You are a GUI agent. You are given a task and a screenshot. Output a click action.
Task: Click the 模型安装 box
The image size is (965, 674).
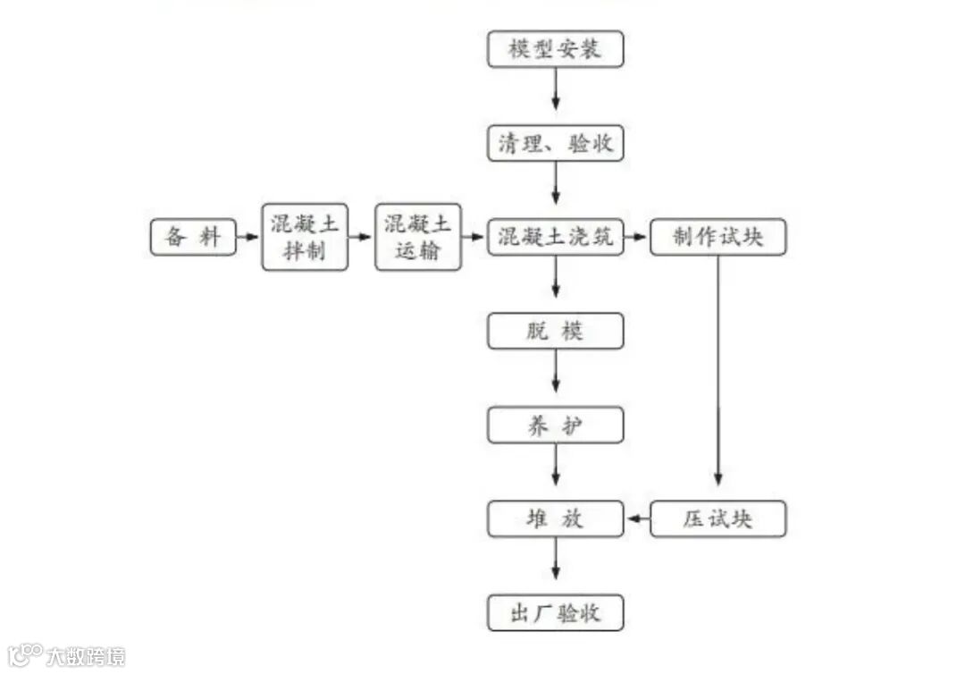coord(555,49)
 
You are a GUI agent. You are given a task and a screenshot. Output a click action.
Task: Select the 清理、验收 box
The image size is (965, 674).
coord(555,143)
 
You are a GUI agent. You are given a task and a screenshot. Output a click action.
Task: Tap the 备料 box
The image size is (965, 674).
coord(193,238)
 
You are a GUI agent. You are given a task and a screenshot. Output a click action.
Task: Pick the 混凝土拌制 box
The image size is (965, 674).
coord(305,237)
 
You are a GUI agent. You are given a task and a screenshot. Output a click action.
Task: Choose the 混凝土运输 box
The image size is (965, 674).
coord(417,237)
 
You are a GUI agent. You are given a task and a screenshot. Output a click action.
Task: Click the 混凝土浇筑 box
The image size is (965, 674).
coord(555,238)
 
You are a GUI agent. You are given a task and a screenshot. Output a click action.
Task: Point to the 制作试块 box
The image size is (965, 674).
coord(717,238)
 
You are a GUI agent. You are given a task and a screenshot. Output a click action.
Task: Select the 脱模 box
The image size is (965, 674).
coord(555,332)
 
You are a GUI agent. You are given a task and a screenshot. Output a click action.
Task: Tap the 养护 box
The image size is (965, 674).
coord(555,425)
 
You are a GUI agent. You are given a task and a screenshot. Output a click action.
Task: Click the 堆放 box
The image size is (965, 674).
coord(555,518)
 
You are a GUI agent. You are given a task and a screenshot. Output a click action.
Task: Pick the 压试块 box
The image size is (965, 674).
coord(717,518)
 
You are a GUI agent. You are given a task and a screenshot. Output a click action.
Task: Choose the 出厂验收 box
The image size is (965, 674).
coord(555,613)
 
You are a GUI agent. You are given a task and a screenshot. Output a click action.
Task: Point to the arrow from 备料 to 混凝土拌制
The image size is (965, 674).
coord(249,238)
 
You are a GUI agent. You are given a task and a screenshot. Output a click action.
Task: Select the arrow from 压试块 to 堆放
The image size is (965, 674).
coord(637,518)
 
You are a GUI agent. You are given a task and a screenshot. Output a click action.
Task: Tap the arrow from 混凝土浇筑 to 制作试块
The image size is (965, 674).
coord(636,238)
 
